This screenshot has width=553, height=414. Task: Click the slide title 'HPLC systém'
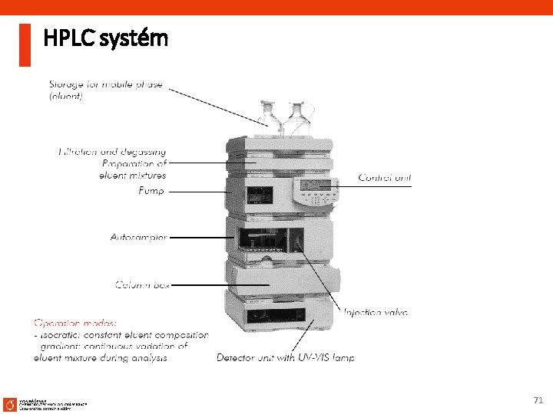[106, 38]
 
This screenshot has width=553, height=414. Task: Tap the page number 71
[538, 400]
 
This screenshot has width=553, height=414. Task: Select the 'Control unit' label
[385, 178]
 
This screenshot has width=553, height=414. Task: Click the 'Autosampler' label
[138, 238]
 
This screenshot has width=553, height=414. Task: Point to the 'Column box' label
[143, 285]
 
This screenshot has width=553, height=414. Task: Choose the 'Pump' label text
[151, 191]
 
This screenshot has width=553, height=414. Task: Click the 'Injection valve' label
[376, 312]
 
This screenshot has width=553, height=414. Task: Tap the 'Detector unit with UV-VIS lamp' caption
[285, 357]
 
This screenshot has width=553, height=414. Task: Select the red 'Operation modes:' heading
[75, 323]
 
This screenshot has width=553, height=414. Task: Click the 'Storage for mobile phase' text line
[106, 84]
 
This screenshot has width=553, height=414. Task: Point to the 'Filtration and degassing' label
[112, 152]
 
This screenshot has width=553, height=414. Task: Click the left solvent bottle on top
[268, 117]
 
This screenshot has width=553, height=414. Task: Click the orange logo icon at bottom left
[10, 403]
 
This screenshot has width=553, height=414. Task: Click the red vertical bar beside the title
[25, 44]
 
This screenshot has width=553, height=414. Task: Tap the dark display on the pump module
[257, 195]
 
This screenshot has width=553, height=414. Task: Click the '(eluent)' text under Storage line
[66, 97]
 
